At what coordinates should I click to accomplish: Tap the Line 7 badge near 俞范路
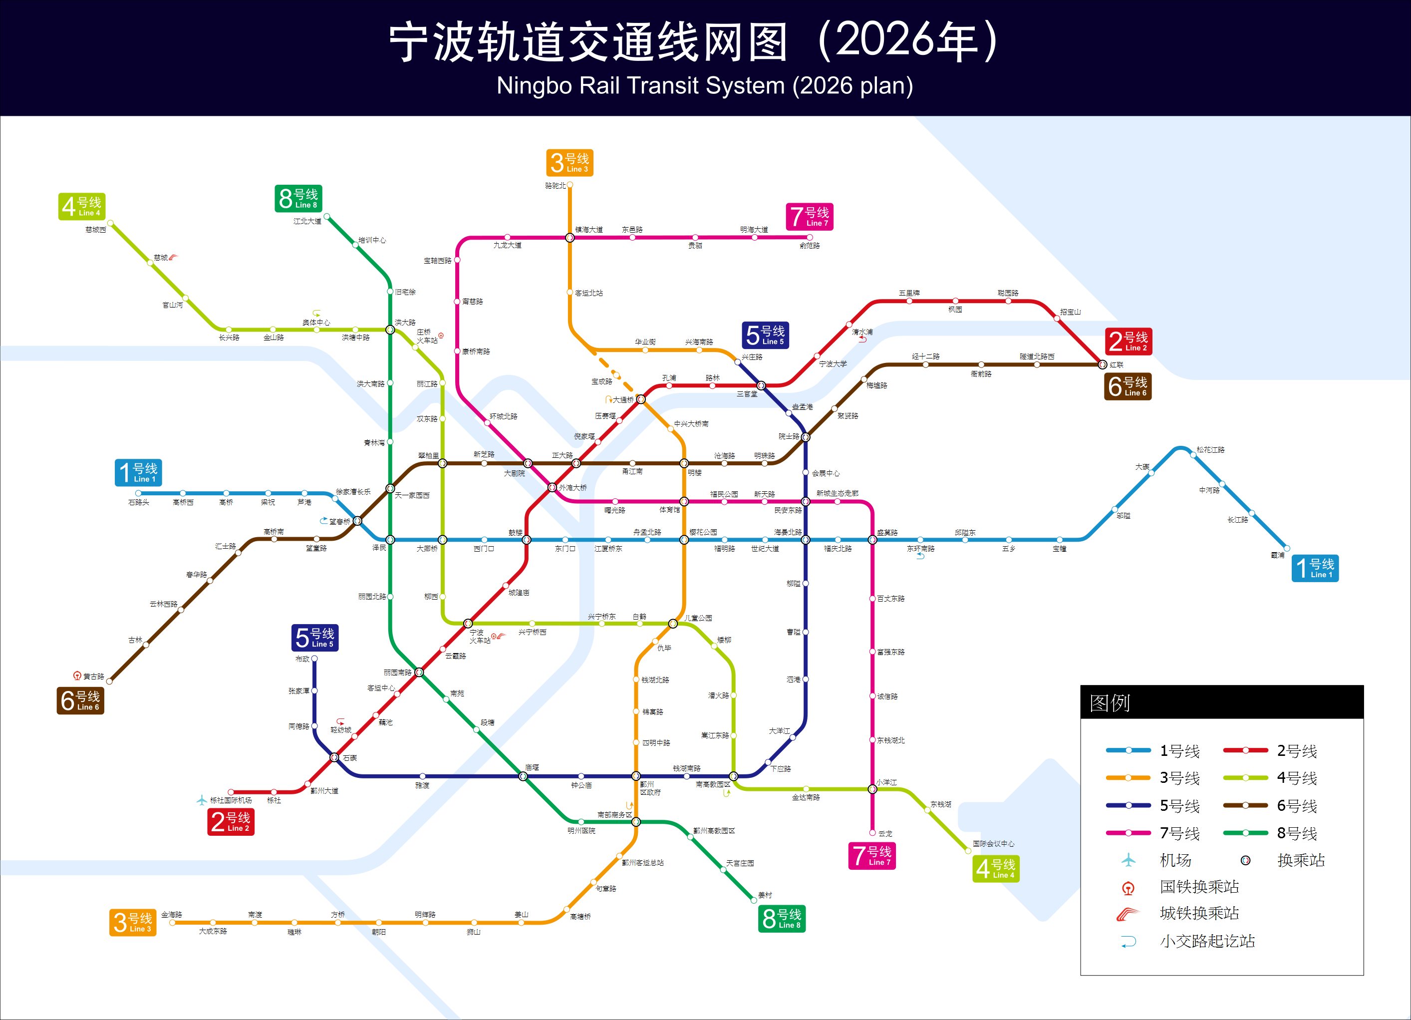pyautogui.click(x=809, y=217)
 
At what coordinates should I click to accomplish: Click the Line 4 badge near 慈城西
pyautogui.click(x=81, y=207)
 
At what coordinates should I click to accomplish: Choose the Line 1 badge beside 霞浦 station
pyautogui.click(x=1315, y=568)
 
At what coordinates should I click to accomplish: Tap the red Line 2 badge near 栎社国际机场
pyautogui.click(x=231, y=821)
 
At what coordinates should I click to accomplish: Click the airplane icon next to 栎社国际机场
pyautogui.click(x=201, y=800)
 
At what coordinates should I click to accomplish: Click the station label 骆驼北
pyautogui.click(x=555, y=185)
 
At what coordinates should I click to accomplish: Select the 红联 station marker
pyautogui.click(x=1103, y=364)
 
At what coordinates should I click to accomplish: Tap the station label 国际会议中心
pyautogui.click(x=994, y=844)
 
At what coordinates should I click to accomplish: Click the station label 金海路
pyautogui.click(x=172, y=915)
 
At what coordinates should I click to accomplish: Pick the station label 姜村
pyautogui.click(x=765, y=895)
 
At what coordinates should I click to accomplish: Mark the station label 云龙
pyautogui.click(x=885, y=833)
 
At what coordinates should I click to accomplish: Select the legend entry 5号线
pyautogui.click(x=1179, y=806)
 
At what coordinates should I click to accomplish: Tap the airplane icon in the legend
pyautogui.click(x=1129, y=860)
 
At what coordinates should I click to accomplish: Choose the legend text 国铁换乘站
pyautogui.click(x=1199, y=887)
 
